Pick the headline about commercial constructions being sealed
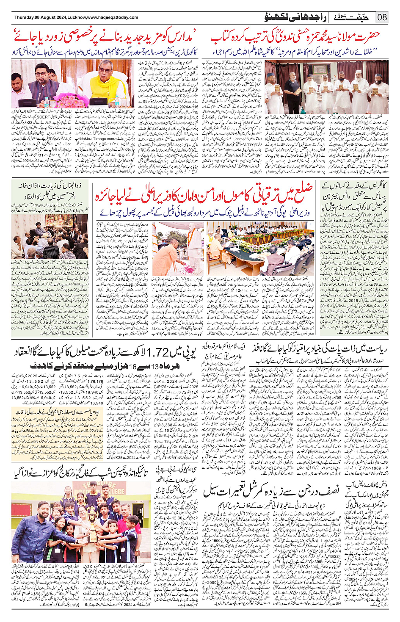click(x=271, y=491)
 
